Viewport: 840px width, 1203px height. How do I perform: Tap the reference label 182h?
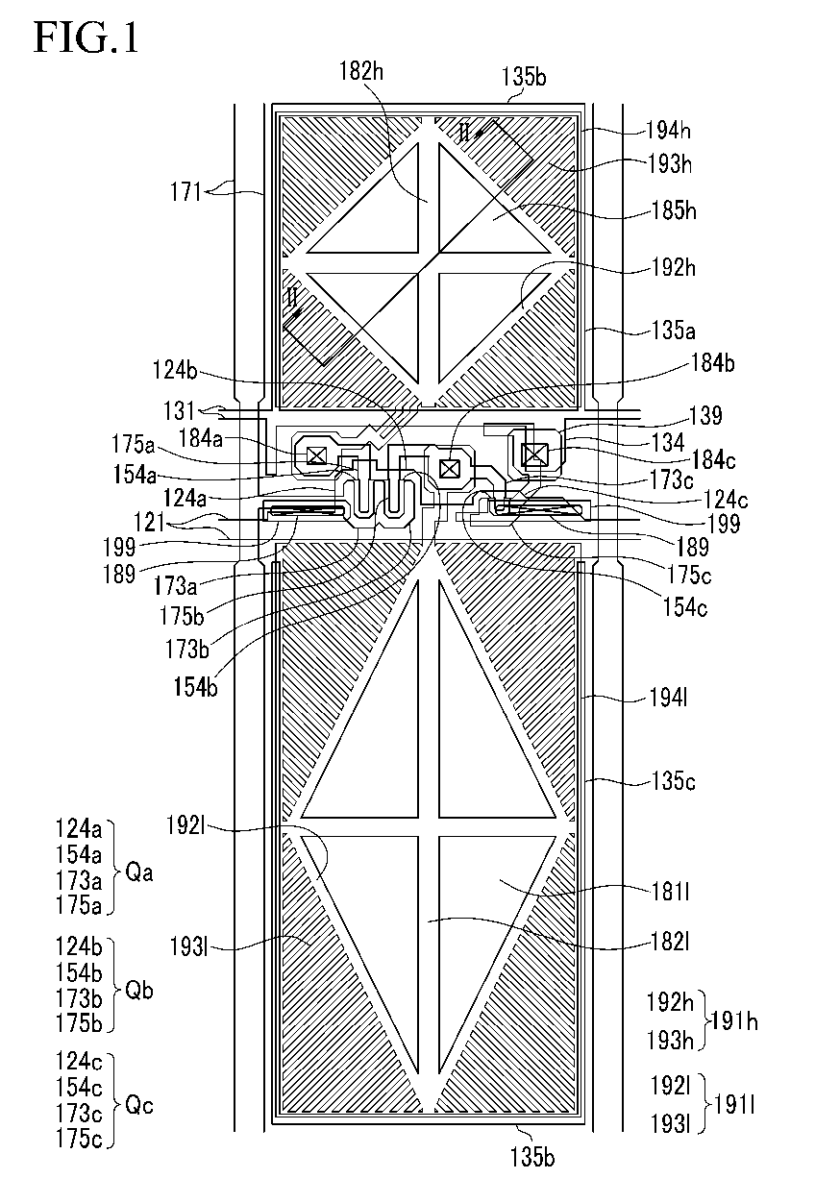tap(361, 70)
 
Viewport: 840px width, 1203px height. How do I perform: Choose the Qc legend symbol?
tap(139, 1105)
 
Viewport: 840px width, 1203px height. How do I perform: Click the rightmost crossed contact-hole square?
tap(532, 454)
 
